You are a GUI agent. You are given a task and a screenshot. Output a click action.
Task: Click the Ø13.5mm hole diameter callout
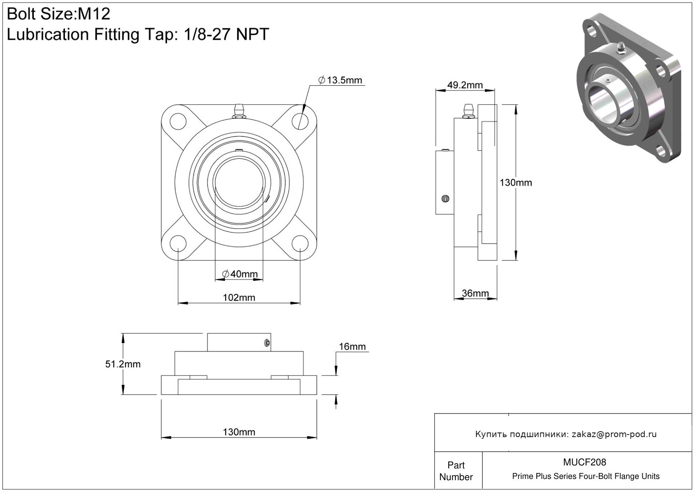click(x=340, y=80)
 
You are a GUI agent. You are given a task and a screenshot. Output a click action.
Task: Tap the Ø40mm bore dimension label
click(x=240, y=274)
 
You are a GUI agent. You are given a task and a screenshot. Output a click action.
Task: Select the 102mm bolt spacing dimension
click(x=239, y=298)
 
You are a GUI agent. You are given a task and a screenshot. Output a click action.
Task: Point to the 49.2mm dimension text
click(x=465, y=85)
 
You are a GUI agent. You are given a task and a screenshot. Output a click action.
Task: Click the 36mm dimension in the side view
click(x=475, y=293)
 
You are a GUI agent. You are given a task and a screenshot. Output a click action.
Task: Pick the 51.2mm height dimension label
click(x=123, y=364)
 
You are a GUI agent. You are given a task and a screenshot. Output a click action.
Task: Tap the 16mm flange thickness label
click(x=352, y=346)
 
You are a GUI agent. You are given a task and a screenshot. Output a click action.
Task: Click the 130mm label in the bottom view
click(x=239, y=432)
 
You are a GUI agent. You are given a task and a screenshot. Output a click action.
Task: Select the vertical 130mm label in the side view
click(x=516, y=182)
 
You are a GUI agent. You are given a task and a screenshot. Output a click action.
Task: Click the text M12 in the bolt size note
click(x=94, y=14)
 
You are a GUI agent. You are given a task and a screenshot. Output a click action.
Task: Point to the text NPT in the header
click(x=252, y=34)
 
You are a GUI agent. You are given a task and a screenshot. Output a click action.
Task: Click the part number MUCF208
click(x=584, y=462)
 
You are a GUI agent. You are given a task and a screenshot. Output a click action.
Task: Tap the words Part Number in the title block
click(x=456, y=471)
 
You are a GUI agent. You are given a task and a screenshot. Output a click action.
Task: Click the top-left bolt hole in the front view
click(x=178, y=122)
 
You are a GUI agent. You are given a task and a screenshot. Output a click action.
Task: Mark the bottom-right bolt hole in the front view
click(x=300, y=243)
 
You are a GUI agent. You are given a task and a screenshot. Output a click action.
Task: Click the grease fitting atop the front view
click(x=239, y=111)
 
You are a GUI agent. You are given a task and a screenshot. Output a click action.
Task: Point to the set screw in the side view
click(x=445, y=198)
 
